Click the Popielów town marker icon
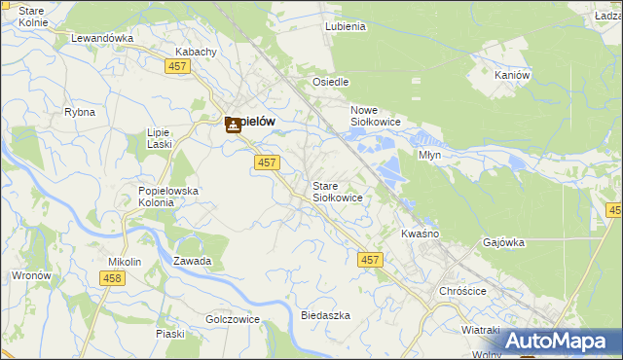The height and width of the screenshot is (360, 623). pos(234,125)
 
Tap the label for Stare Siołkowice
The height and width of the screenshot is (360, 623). pos(337,192)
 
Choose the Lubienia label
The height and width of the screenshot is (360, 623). pos(346,27)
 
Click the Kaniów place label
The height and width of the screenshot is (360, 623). pos(511,75)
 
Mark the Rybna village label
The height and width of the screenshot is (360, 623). pos(80,112)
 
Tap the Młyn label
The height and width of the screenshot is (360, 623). pos(429,155)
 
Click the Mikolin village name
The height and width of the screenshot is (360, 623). pos(125,263)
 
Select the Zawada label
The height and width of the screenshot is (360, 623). pos(192,262)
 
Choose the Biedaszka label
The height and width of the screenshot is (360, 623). pos(325,316)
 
